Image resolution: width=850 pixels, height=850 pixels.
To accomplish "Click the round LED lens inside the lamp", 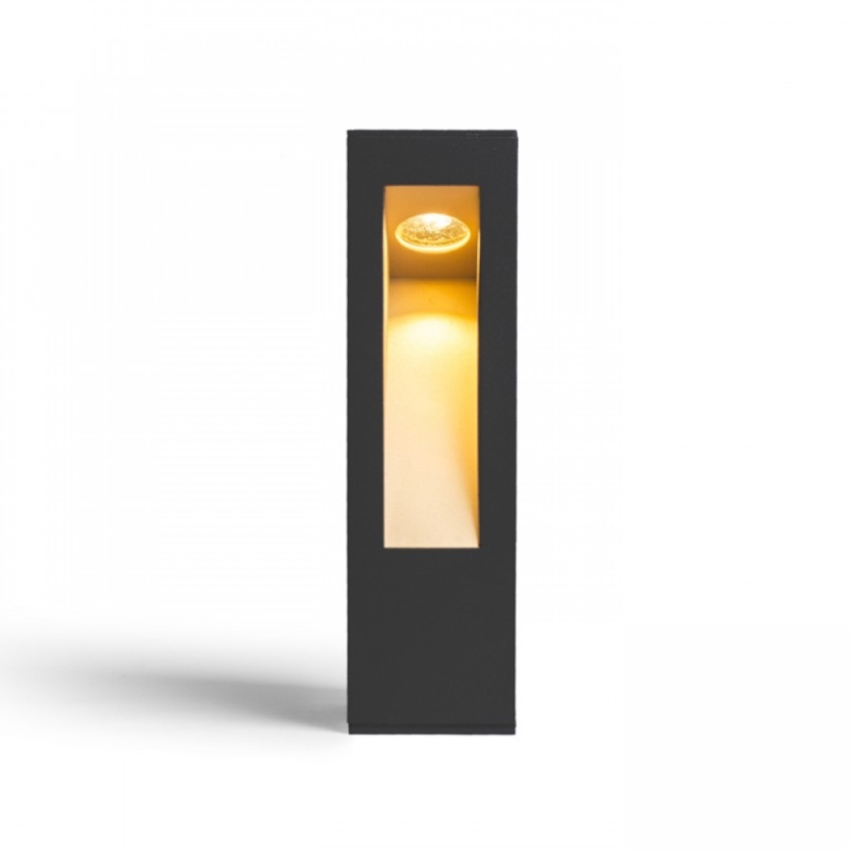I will click(x=433, y=231).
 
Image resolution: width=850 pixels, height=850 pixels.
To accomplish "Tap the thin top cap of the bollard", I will click(x=431, y=129).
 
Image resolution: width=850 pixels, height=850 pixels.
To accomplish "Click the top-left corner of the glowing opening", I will click(x=385, y=186).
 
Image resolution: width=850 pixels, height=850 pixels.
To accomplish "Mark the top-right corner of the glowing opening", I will click(x=479, y=186).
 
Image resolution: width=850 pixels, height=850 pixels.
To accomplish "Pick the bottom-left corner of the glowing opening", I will click(x=385, y=546).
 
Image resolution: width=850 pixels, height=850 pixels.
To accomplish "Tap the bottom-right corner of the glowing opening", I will click(x=479, y=546).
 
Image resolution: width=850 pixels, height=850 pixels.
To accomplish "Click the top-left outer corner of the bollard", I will click(x=347, y=127).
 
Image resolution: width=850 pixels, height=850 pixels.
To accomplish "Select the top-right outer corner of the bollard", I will click(x=516, y=127).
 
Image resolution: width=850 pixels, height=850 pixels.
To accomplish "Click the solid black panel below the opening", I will click(x=431, y=637).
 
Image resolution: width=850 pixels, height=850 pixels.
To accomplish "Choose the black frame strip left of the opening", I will click(x=365, y=367).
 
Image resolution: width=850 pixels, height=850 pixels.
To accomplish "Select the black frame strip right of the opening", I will click(x=497, y=367).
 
